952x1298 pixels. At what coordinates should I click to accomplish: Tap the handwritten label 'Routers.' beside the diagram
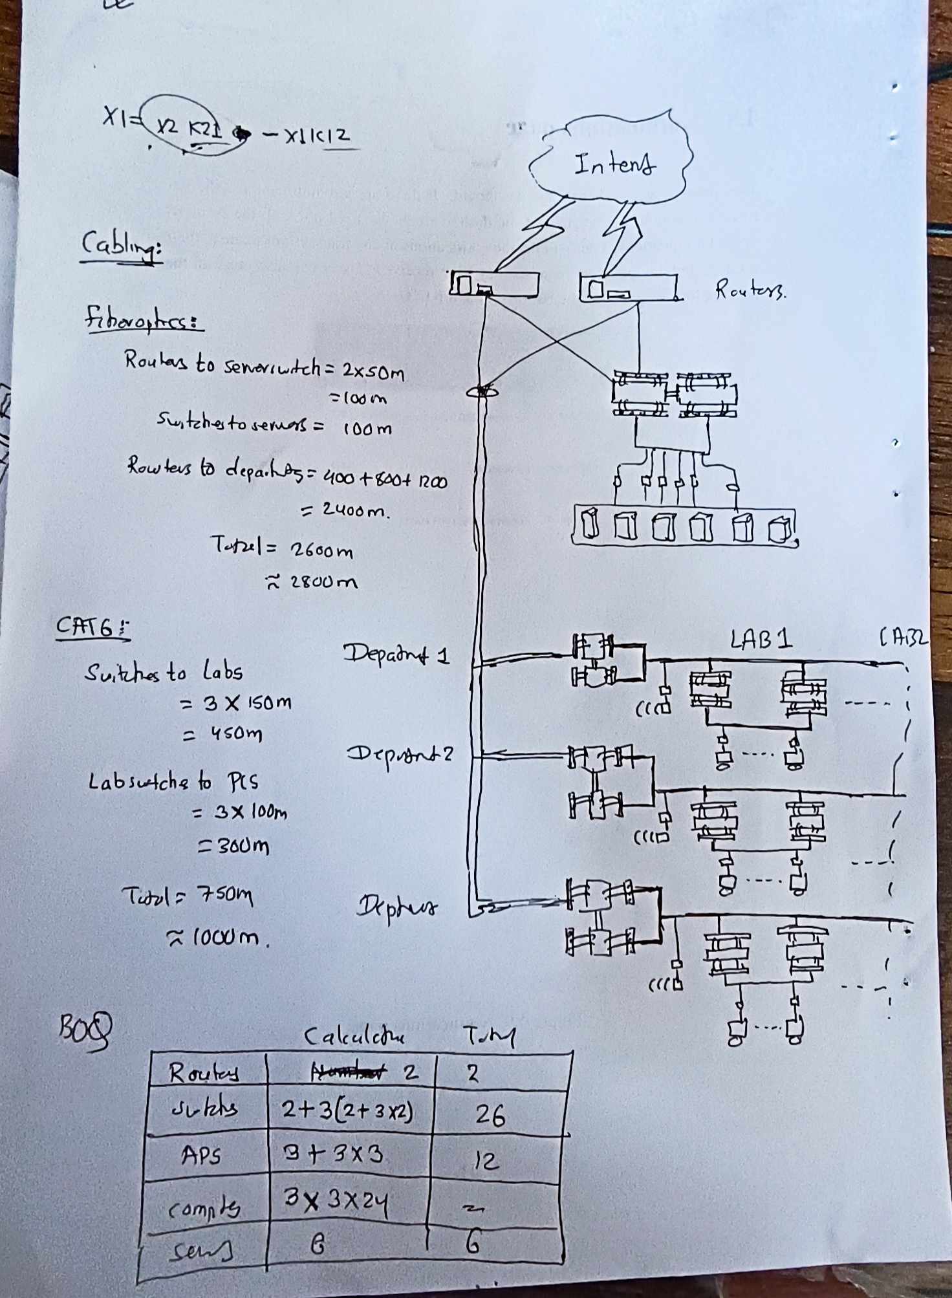[x=750, y=289]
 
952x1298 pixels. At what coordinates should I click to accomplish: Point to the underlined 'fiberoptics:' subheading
[x=144, y=319]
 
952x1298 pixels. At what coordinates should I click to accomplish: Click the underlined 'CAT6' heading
[x=92, y=627]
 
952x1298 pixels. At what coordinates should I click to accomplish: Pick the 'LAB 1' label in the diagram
[x=761, y=640]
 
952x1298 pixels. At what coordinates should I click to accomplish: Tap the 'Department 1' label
[x=396, y=654]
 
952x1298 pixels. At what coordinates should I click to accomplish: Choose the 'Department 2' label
[x=400, y=754]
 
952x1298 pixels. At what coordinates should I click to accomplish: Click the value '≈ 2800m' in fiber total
[x=312, y=582]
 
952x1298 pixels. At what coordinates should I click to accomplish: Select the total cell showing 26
[x=490, y=1114]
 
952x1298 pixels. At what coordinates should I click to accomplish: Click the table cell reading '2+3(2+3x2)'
[x=347, y=1110]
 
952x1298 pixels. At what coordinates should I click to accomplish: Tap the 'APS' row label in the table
[x=201, y=1155]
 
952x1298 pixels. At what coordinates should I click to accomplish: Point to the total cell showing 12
[x=486, y=1162]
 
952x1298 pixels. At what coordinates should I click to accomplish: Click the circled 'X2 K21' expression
[x=192, y=127]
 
